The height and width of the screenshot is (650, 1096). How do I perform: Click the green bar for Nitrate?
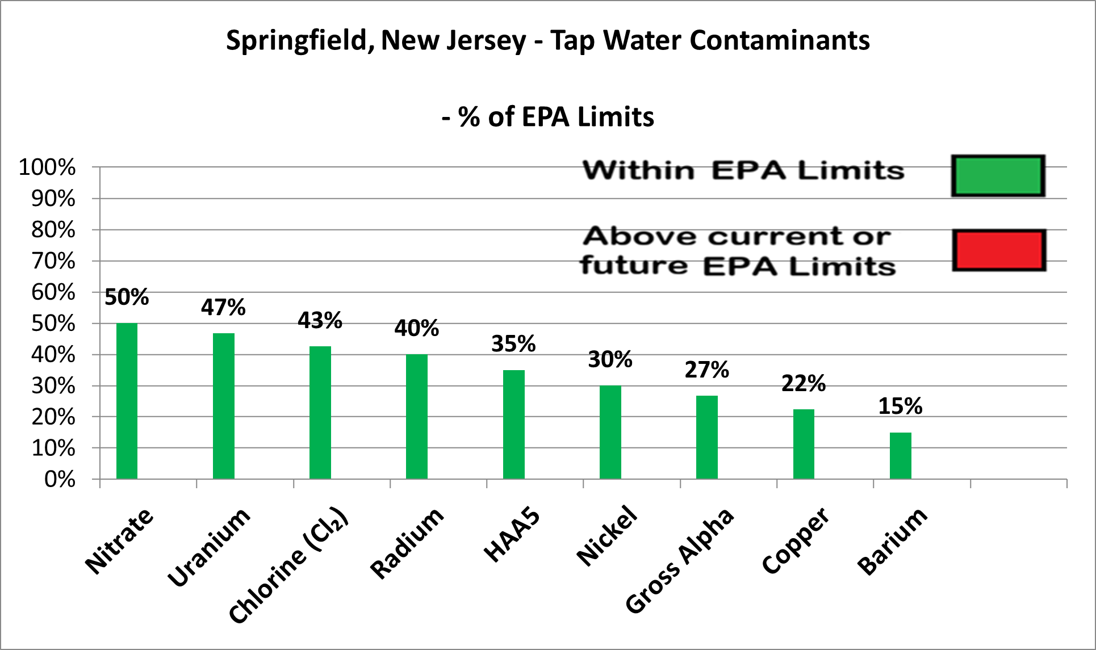pos(127,401)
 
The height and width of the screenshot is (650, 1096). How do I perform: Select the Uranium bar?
pos(223,406)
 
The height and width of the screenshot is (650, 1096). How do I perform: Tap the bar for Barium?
pos(900,456)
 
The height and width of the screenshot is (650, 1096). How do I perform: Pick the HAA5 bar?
pos(513,425)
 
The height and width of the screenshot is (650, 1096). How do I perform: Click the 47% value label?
pos(223,308)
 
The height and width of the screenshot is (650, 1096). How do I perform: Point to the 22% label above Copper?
pos(803,384)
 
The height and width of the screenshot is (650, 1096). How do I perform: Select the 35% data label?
pos(513,344)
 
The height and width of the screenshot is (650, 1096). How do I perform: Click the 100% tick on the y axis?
pos(47,167)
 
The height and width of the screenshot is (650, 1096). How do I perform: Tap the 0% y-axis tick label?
pos(60,480)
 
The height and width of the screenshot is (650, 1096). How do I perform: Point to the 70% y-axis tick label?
pos(53,261)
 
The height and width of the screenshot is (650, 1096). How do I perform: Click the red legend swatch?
pos(998,250)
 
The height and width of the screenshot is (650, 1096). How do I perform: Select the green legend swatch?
pos(998,176)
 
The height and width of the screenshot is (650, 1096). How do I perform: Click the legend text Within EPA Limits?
pos(743,170)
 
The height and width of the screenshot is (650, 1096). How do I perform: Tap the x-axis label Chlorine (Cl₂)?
pos(288,565)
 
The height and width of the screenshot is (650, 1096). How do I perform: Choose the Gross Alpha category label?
pos(679,561)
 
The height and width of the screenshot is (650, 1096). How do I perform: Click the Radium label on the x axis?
pos(407,543)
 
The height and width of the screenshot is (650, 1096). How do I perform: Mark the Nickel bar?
pos(610,432)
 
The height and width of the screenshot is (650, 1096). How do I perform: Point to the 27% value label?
pos(706,370)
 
